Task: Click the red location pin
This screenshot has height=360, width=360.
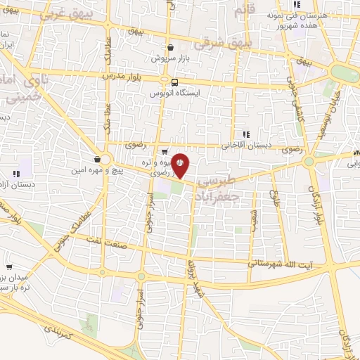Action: pyautogui.click(x=180, y=165)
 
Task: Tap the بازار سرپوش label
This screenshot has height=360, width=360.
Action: pyautogui.click(x=167, y=56)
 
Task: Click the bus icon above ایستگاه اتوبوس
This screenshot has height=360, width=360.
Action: pyautogui.click(x=165, y=80)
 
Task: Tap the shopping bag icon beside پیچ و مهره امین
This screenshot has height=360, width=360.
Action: pyautogui.click(x=96, y=159)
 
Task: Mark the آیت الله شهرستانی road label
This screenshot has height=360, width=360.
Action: pyautogui.click(x=279, y=264)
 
